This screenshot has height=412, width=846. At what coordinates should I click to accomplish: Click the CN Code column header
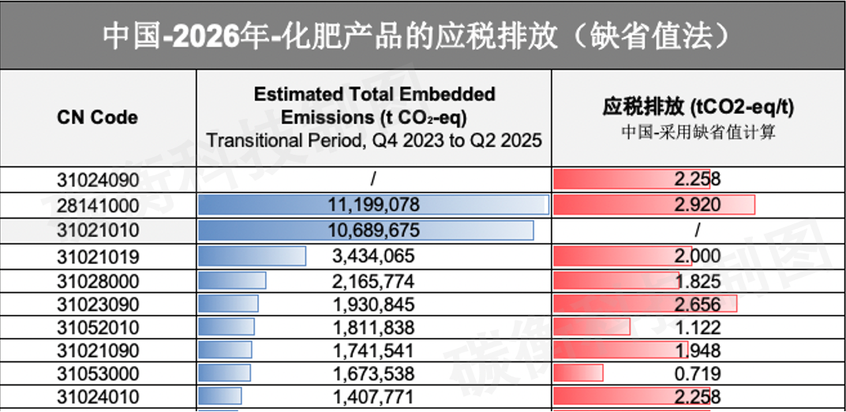(97, 118)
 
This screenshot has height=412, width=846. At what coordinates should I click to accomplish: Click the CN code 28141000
(98, 205)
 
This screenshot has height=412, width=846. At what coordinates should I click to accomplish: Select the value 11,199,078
(373, 205)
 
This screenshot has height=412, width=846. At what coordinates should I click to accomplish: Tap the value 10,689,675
(373, 230)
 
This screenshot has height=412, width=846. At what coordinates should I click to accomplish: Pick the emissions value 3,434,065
(373, 256)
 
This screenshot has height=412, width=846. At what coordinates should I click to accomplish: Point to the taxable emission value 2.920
(698, 205)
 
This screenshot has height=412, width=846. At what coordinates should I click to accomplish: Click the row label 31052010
(98, 328)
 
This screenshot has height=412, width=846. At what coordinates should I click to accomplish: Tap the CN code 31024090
(98, 180)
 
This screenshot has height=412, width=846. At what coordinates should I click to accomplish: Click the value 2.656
(698, 305)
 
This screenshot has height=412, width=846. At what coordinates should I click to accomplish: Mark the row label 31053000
(98, 373)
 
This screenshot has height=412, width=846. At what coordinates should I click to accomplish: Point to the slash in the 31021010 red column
(698, 230)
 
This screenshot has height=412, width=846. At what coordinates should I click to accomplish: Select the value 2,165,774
(373, 281)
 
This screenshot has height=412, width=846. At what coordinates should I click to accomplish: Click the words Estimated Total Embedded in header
(374, 95)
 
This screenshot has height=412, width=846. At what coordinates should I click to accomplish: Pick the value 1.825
(698, 281)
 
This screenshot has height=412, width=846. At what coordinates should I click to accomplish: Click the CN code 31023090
(98, 305)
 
